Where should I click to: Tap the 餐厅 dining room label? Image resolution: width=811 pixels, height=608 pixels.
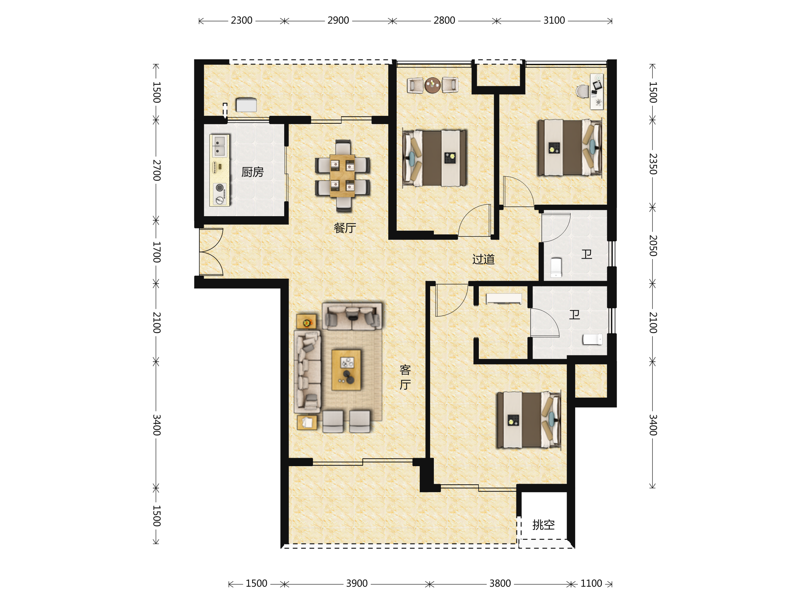pos(345,228)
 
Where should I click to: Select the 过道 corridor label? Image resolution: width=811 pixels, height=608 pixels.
pos(483,259)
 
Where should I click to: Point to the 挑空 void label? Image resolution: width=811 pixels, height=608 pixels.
pos(543,525)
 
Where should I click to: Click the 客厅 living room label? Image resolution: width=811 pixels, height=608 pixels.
pos(405,377)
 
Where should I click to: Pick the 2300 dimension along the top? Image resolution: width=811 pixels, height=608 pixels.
pos(242,21)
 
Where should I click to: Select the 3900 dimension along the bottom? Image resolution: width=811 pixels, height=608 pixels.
pos(357,583)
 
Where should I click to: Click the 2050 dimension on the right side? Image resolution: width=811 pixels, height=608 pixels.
pos(653,246)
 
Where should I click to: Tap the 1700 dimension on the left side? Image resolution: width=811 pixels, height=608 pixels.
pos(156,252)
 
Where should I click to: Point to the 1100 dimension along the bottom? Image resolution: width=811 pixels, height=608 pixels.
pos(591,583)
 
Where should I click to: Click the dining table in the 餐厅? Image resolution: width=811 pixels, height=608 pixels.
pos(342,176)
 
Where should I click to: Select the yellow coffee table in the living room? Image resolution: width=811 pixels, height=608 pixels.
pos(346,370)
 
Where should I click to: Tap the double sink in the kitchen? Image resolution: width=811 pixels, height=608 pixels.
pos(219,146)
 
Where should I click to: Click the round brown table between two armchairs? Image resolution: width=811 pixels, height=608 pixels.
pos(433,85)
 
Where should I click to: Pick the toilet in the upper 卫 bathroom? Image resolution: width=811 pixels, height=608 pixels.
pos(556,268)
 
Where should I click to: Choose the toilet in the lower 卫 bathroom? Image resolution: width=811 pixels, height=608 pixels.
pos(592,339)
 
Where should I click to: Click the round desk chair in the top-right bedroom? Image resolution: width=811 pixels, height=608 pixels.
pos(582,91)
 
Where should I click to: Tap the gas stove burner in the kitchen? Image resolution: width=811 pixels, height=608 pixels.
pos(220,188)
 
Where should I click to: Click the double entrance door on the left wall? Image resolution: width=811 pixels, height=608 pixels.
pos(211,252)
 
